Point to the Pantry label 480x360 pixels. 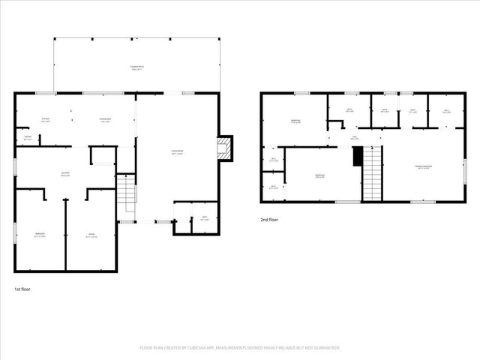pos(28,137)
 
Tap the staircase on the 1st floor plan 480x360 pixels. pos(126,193)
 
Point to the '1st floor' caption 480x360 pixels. pos(22,289)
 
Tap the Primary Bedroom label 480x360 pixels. pos(426,166)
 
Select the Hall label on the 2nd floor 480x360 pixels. pos(355,137)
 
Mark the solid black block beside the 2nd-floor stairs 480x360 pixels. pos(358,157)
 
